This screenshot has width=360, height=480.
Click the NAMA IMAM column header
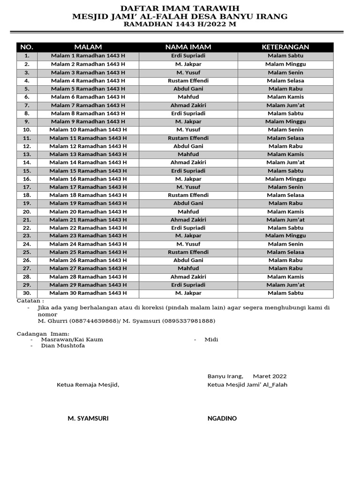(188, 47)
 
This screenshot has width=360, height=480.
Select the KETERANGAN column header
(285, 47)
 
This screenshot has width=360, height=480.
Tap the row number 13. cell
(27, 154)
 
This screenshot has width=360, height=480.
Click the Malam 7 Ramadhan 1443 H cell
(88, 105)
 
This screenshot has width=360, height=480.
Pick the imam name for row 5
(188, 89)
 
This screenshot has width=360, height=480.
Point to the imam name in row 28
(188, 277)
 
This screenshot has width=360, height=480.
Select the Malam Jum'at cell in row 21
(285, 220)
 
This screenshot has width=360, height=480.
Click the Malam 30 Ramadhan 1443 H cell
(88, 293)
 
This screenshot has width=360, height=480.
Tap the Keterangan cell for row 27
(285, 269)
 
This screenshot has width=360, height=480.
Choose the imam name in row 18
(188, 195)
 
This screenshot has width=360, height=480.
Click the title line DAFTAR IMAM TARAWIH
(180, 8)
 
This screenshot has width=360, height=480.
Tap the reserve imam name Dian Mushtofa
(63, 346)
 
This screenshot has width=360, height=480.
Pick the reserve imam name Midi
(211, 339)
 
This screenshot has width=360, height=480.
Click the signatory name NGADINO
(222, 418)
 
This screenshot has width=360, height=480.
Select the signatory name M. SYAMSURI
(88, 418)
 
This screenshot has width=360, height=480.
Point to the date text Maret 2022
(270, 376)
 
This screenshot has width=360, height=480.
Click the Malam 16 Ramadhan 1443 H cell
(88, 179)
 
